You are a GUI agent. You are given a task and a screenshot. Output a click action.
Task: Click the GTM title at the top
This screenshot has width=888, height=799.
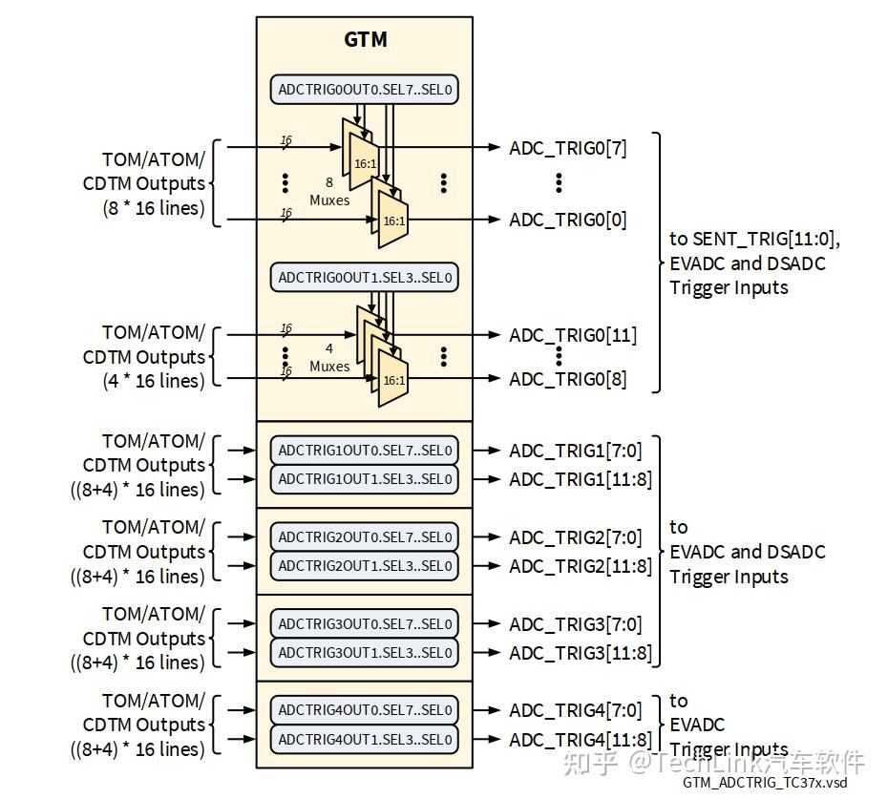click(365, 40)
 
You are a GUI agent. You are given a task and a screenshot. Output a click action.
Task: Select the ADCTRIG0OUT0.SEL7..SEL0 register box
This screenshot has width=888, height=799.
click(364, 91)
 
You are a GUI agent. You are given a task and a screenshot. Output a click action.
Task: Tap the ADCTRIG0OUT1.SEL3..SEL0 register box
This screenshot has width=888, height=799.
click(364, 278)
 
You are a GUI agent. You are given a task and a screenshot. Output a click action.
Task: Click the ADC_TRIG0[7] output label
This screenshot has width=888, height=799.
click(568, 148)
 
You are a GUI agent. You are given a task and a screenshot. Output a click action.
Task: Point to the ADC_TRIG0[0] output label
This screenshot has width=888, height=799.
click(568, 220)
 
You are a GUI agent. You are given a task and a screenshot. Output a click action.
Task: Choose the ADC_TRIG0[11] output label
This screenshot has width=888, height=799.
click(573, 335)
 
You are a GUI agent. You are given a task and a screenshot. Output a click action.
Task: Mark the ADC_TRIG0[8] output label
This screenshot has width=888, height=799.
click(568, 379)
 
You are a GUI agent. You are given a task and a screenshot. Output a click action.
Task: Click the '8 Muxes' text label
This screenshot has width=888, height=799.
click(329, 192)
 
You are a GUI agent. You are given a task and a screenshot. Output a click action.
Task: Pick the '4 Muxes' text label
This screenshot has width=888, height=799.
click(329, 358)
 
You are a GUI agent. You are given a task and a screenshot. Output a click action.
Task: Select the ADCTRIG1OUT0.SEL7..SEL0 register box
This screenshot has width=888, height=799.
click(364, 451)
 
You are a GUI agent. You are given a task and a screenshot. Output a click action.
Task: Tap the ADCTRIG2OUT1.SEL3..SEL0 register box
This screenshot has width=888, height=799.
click(364, 565)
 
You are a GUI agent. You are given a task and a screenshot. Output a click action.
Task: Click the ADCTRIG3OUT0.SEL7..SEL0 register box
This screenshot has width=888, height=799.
click(364, 624)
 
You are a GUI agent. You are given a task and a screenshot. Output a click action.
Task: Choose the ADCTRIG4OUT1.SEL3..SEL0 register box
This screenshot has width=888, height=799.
click(364, 739)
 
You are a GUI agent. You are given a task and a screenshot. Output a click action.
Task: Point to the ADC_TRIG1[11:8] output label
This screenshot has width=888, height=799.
click(581, 479)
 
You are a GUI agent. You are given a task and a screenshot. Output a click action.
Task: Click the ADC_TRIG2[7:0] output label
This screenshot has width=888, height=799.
click(576, 537)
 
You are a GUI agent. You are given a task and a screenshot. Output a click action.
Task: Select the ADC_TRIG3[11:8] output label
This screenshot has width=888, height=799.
click(581, 653)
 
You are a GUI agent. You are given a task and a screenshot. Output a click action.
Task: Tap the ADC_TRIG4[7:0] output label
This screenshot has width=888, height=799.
click(576, 710)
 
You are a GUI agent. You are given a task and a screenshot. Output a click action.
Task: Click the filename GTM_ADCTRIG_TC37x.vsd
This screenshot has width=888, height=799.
click(764, 783)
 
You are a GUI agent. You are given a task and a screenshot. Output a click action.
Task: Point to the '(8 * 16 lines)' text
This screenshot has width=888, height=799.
click(154, 207)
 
